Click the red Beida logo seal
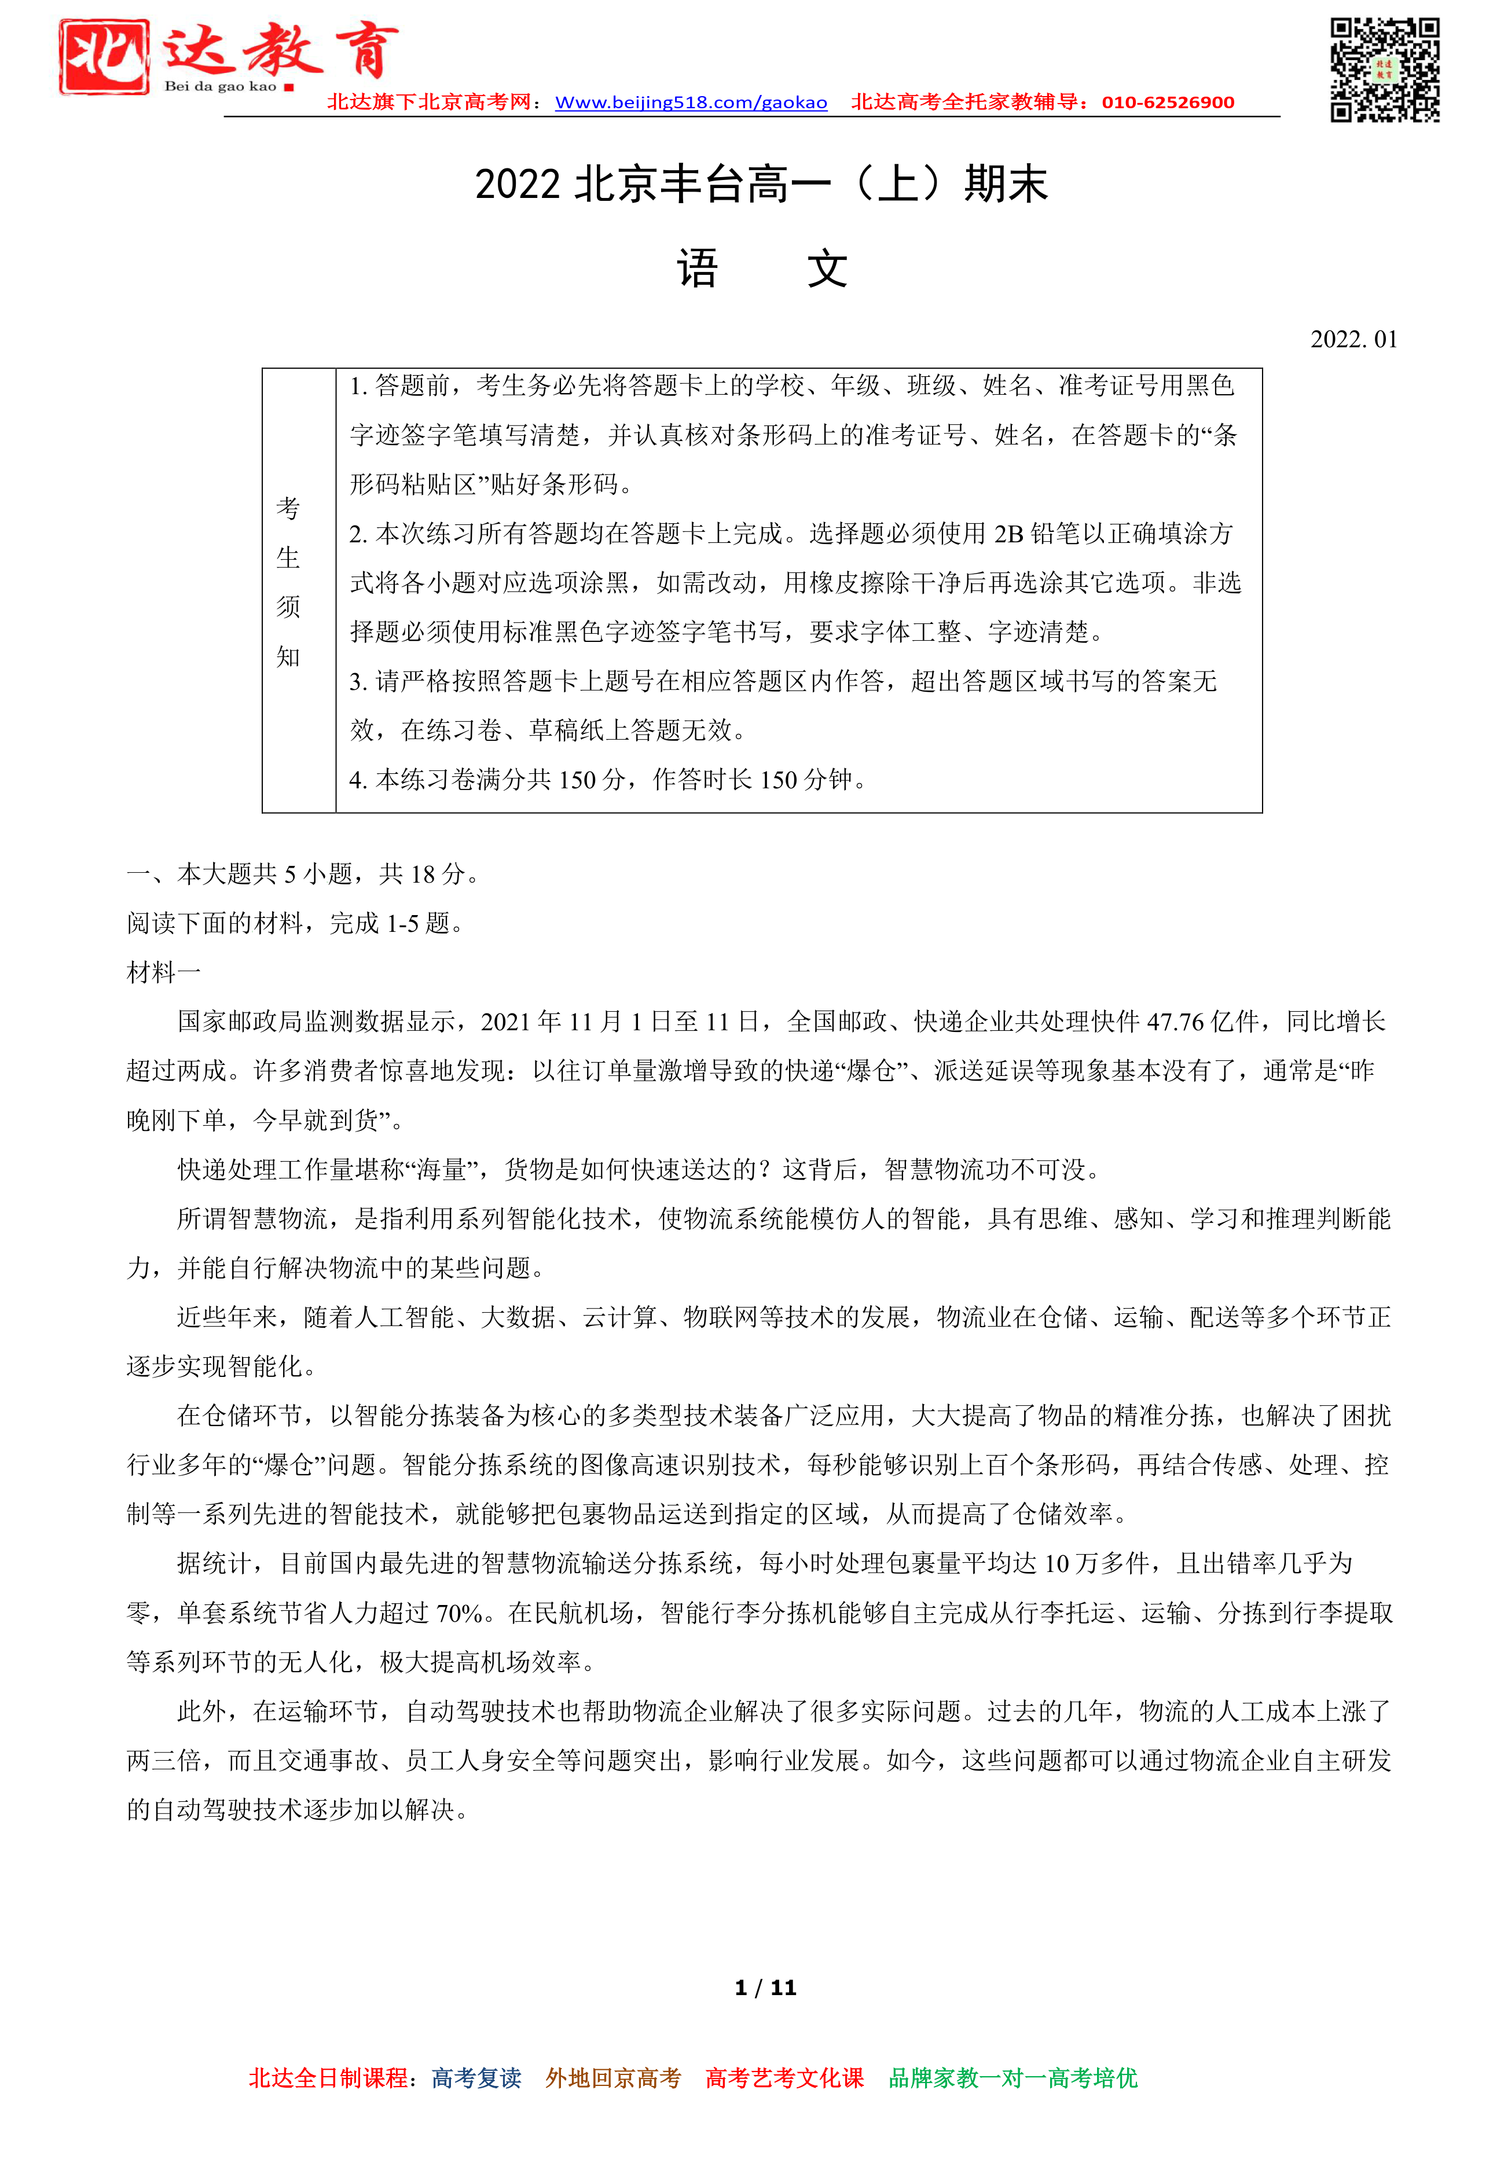tap(104, 57)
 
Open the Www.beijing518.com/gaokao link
tap(691, 102)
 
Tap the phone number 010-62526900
tap(1168, 102)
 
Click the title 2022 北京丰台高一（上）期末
tap(761, 183)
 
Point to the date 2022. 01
tap(1353, 339)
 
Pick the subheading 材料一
tap(164, 972)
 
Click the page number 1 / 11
tap(765, 1988)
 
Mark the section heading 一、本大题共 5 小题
tap(245, 875)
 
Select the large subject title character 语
tap(698, 270)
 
